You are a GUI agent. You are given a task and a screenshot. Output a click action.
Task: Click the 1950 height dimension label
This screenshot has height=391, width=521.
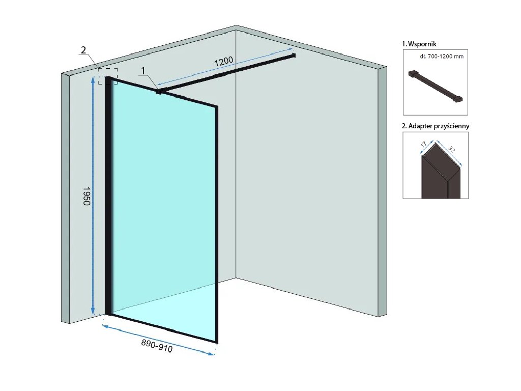[x=86, y=195]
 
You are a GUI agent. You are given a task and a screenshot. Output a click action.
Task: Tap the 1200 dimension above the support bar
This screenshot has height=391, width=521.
[x=224, y=62]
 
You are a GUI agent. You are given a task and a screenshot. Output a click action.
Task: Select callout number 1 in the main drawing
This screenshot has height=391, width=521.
[x=143, y=70]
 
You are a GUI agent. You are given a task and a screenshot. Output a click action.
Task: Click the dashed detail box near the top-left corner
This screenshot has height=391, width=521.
[x=108, y=76]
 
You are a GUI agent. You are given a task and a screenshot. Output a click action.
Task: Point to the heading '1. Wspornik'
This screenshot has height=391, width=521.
[x=419, y=44]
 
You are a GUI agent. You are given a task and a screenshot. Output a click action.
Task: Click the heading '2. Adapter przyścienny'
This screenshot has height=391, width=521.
[x=436, y=126]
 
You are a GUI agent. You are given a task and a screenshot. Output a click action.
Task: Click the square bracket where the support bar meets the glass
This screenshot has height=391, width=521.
[x=159, y=92]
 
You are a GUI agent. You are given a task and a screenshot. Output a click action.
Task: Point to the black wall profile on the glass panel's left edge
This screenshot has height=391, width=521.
[x=108, y=199]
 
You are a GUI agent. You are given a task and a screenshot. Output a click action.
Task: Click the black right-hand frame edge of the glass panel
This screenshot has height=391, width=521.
[x=217, y=224]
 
